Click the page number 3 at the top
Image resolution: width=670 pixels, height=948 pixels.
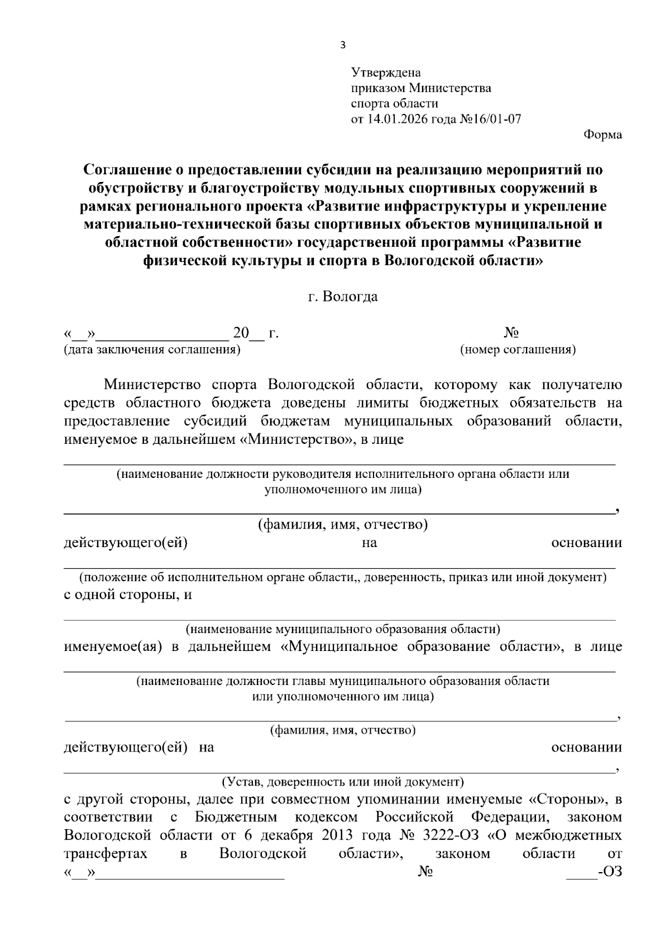pos(343,45)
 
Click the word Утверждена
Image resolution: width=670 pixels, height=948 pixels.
pos(386,73)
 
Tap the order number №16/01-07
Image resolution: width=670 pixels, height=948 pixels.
pos(490,119)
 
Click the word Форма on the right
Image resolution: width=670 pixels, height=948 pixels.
pos(602,135)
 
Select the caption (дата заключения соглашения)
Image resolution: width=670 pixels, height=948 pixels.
pos(152,350)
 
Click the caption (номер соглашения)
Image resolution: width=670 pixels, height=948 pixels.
pos(518,350)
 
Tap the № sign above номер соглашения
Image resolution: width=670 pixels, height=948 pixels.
pos(511,333)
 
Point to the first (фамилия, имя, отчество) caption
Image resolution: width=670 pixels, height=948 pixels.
pos(342,525)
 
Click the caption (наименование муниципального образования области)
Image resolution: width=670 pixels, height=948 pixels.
pos(342,629)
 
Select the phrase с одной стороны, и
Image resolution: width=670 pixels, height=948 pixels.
pos(128,595)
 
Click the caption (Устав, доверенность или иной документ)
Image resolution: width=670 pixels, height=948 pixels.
pos(342,781)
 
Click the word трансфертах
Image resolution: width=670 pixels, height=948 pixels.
pos(106,854)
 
